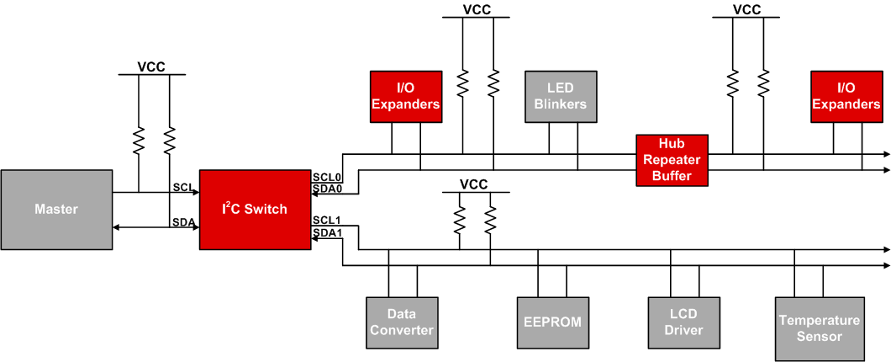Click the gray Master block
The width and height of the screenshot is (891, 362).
(x=56, y=209)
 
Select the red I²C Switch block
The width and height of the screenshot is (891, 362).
(x=255, y=209)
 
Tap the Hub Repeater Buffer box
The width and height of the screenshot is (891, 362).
(x=672, y=160)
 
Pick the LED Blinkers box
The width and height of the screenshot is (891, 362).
(x=561, y=97)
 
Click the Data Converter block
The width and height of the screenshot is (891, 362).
(x=401, y=322)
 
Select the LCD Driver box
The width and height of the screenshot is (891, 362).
(x=683, y=322)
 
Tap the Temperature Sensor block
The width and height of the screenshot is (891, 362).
(x=820, y=328)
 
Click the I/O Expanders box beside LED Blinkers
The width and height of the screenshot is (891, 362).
(x=406, y=97)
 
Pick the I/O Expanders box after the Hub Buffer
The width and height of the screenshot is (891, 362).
(x=846, y=97)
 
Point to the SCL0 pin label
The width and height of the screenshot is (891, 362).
(x=326, y=178)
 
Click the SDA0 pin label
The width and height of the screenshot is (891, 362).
(x=326, y=189)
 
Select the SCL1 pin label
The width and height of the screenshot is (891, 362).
(x=326, y=221)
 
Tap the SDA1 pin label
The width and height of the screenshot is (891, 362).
(x=326, y=232)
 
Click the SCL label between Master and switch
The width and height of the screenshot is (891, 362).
(x=183, y=186)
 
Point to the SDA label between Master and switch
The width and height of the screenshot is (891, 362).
(x=183, y=222)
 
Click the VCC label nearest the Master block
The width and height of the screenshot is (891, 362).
(x=151, y=67)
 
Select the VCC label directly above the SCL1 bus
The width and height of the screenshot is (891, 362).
(x=473, y=184)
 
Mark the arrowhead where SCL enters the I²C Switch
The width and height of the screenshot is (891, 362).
(x=195, y=192)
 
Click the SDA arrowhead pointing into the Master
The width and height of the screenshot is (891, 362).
(x=117, y=227)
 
